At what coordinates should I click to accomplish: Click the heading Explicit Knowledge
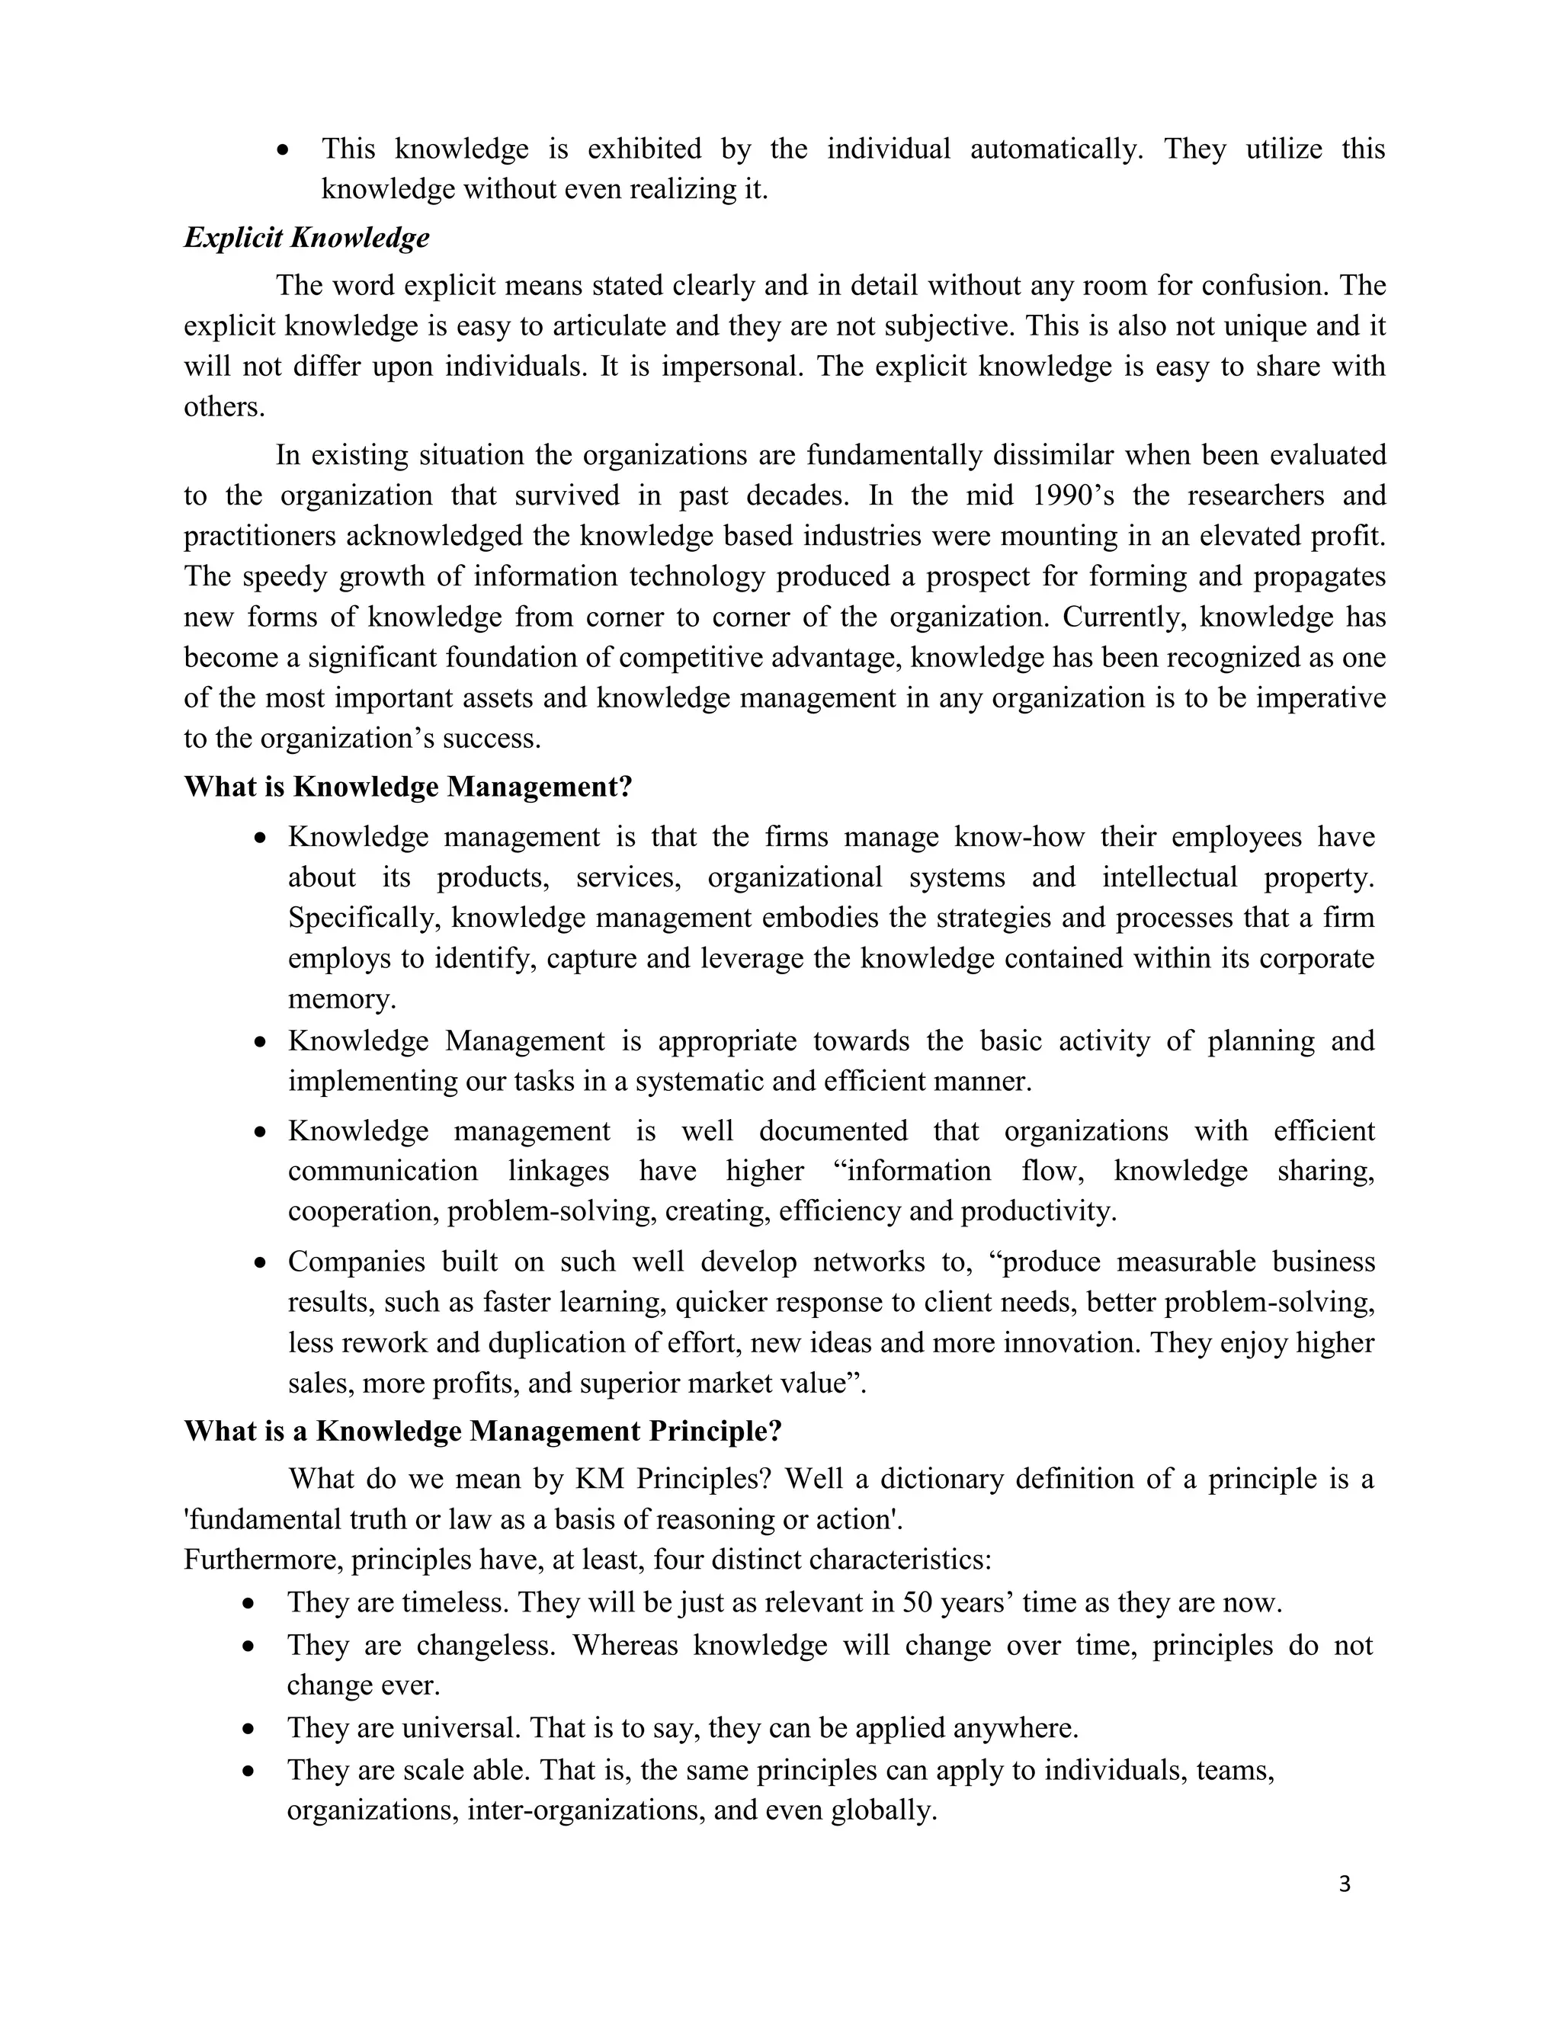306,238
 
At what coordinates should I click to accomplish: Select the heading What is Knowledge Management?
408,787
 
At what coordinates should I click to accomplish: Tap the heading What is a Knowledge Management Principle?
482,1431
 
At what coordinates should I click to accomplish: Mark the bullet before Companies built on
261,1262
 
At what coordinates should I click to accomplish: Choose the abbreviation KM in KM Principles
598,1479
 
